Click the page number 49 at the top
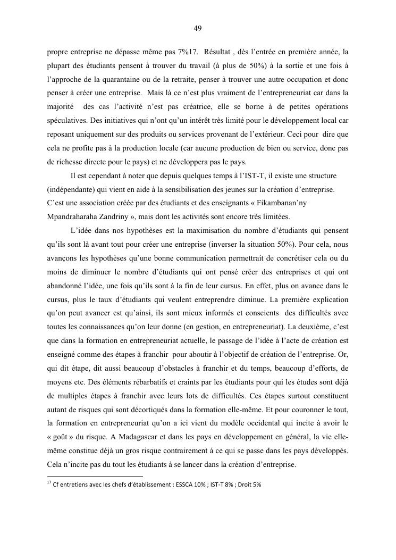[x=198, y=28]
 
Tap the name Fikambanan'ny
[x=298, y=203]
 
